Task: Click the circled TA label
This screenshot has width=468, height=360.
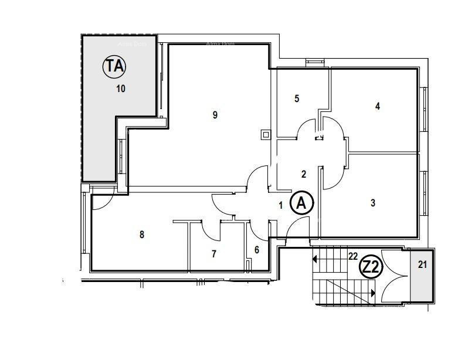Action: click(114, 66)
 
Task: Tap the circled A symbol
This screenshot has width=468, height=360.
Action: click(302, 203)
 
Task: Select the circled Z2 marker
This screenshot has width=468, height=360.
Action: click(371, 267)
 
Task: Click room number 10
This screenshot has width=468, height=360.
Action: click(121, 89)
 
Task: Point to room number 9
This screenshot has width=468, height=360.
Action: click(215, 115)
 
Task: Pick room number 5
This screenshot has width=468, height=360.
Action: click(297, 99)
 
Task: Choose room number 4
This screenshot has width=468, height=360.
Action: click(378, 106)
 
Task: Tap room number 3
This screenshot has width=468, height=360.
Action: click(373, 203)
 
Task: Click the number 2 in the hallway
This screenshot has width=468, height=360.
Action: click(303, 174)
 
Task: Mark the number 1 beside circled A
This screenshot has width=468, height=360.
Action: click(281, 205)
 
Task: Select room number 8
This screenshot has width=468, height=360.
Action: click(142, 235)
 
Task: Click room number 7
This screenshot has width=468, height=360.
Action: click(214, 254)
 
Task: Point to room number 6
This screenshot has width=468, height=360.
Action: click(257, 250)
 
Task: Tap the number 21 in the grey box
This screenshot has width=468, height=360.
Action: click(422, 264)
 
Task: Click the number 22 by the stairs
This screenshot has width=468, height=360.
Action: click(353, 256)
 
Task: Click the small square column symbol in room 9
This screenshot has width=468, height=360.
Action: click(266, 135)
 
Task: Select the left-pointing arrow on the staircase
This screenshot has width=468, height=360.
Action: click(315, 259)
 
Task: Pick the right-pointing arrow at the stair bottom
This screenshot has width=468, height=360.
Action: click(372, 292)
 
